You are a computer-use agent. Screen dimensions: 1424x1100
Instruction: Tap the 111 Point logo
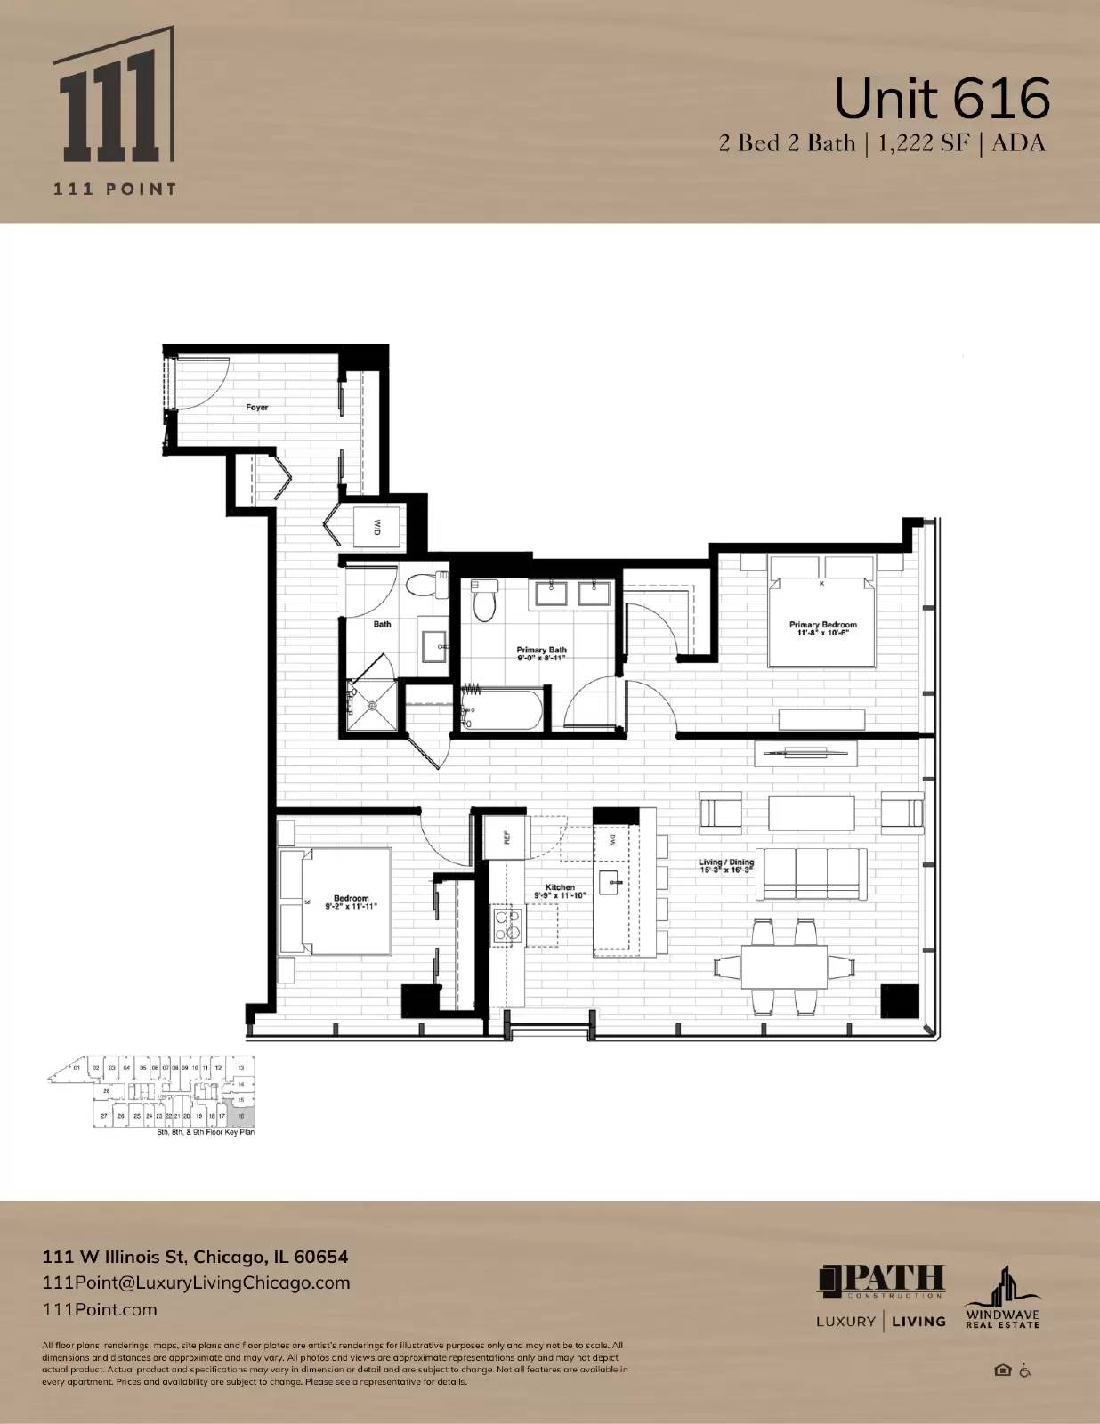tap(113, 111)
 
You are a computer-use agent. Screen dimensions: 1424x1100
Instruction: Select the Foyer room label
tap(256, 407)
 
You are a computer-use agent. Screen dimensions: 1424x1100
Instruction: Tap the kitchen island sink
tap(613, 883)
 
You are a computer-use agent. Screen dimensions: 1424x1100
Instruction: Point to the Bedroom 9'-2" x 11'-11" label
tap(351, 902)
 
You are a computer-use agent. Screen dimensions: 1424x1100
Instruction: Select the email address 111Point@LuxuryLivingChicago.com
tap(197, 1282)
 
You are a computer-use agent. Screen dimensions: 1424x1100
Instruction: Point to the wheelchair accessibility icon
tap(1025, 1371)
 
